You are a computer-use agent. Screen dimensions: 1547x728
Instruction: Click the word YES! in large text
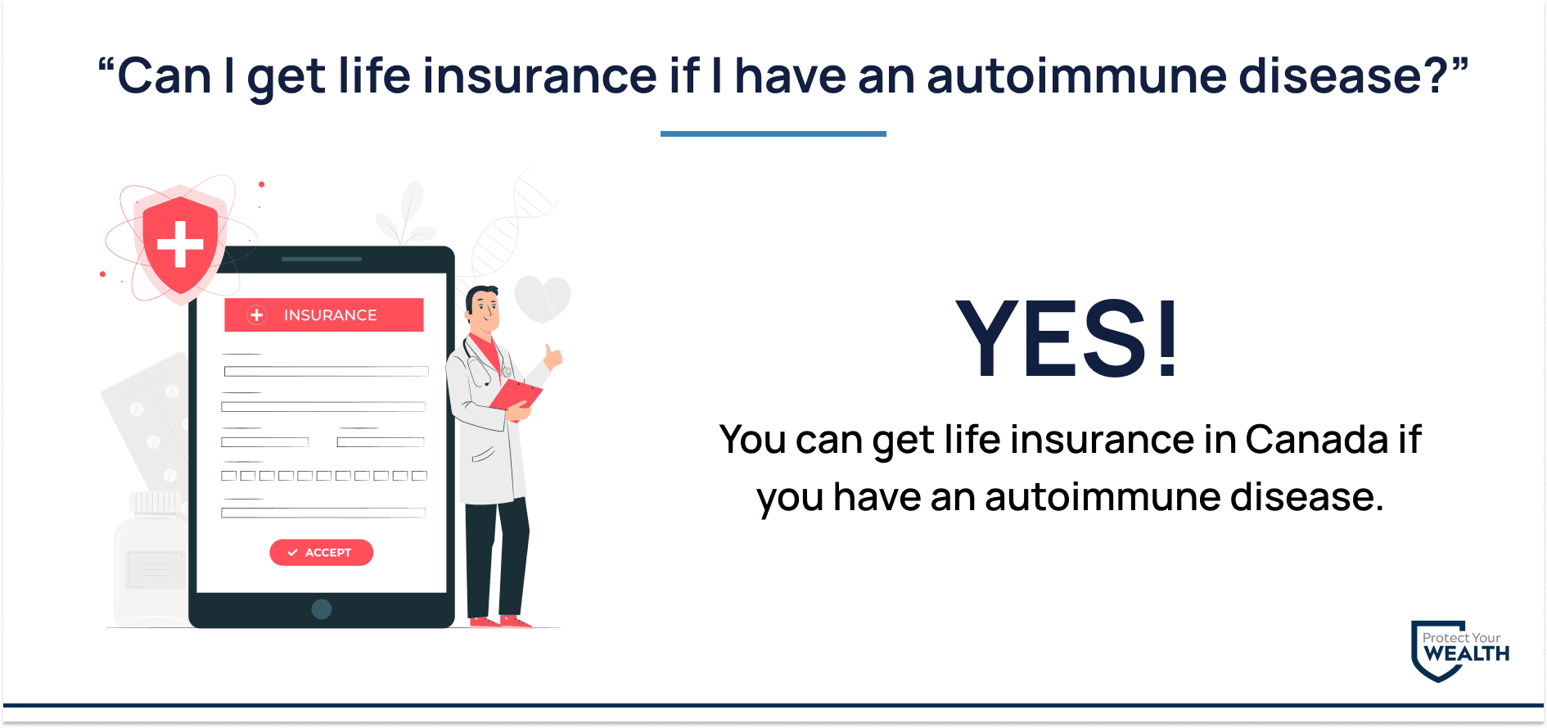[1067, 338]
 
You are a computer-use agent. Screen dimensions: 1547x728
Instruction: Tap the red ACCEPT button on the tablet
[321, 553]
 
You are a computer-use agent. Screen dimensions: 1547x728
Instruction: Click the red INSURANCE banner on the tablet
[324, 314]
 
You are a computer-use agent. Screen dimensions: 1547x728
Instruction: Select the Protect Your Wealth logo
[1460, 651]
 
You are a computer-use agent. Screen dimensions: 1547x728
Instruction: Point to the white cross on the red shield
[180, 243]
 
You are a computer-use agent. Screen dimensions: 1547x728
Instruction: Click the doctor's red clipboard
[516, 395]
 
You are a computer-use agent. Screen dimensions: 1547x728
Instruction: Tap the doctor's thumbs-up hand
[553, 357]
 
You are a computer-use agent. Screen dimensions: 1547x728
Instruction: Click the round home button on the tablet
[322, 609]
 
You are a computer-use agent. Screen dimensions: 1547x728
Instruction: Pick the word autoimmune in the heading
[1076, 75]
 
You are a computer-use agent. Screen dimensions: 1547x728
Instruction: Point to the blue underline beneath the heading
[773, 133]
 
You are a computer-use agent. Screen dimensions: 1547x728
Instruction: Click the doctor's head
[483, 309]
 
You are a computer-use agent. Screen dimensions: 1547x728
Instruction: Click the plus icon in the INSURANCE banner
[257, 315]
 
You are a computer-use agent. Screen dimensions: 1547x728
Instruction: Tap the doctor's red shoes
[499, 622]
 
